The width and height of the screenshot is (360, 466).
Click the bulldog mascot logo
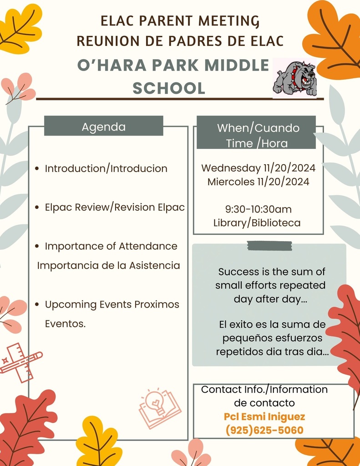[295, 78]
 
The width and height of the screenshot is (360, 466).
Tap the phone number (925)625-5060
[264, 430]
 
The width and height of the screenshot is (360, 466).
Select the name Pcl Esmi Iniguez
[264, 417]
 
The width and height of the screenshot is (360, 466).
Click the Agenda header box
[104, 126]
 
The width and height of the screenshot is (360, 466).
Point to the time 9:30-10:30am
[259, 209]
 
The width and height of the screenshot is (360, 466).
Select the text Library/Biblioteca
[257, 223]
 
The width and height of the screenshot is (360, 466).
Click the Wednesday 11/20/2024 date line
[259, 168]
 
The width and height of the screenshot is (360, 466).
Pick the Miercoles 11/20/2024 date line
[259, 182]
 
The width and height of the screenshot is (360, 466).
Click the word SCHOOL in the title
[169, 88]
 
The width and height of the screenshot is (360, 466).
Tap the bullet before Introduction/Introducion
[37, 168]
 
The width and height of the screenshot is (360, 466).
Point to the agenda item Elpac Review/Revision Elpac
[115, 207]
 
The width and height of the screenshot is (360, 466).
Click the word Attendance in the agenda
[148, 246]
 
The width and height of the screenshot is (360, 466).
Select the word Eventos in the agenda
[65, 324]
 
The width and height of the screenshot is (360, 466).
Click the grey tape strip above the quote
[269, 246]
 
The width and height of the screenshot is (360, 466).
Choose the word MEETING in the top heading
[229, 21]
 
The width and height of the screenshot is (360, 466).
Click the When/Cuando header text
[259, 128]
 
